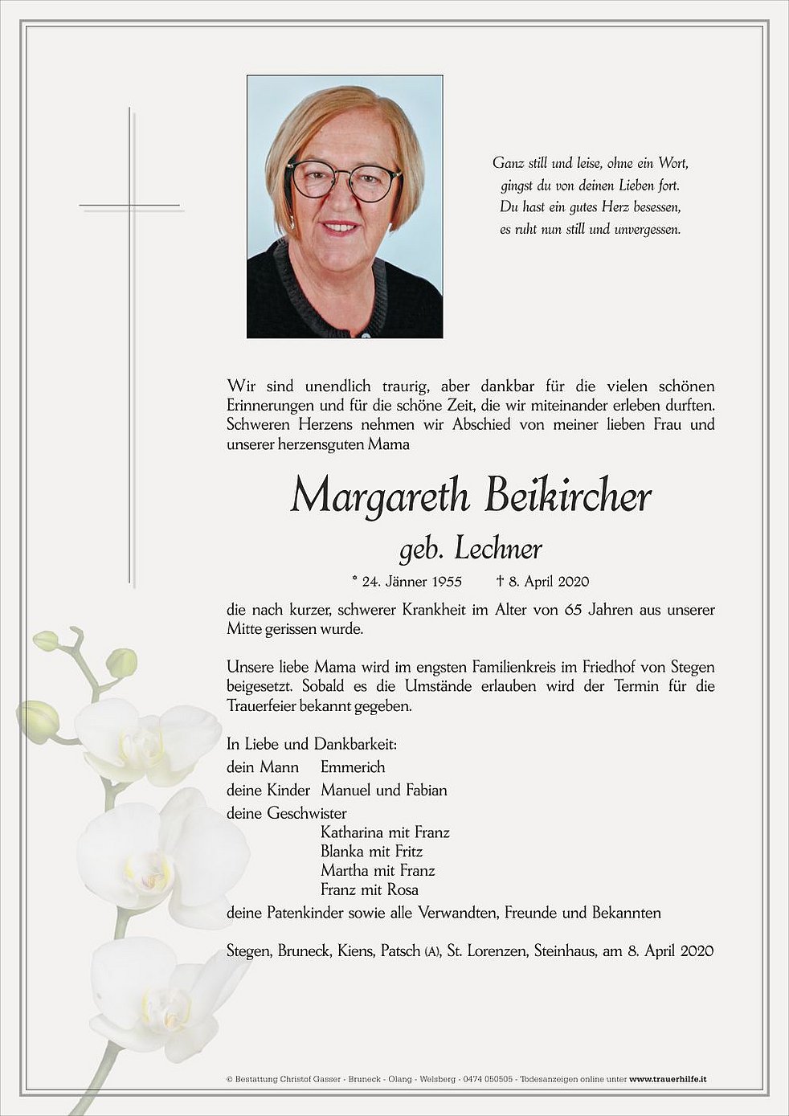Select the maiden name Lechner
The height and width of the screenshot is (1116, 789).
pyautogui.click(x=498, y=550)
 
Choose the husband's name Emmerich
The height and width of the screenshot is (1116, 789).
pyautogui.click(x=353, y=767)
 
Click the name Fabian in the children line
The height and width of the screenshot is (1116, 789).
pyautogui.click(x=426, y=791)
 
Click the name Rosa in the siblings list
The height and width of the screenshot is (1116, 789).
pyautogui.click(x=403, y=890)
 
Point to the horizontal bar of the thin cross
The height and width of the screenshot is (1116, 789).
pyautogui.click(x=130, y=206)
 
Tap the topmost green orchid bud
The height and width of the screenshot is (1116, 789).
pyautogui.click(x=47, y=640)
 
